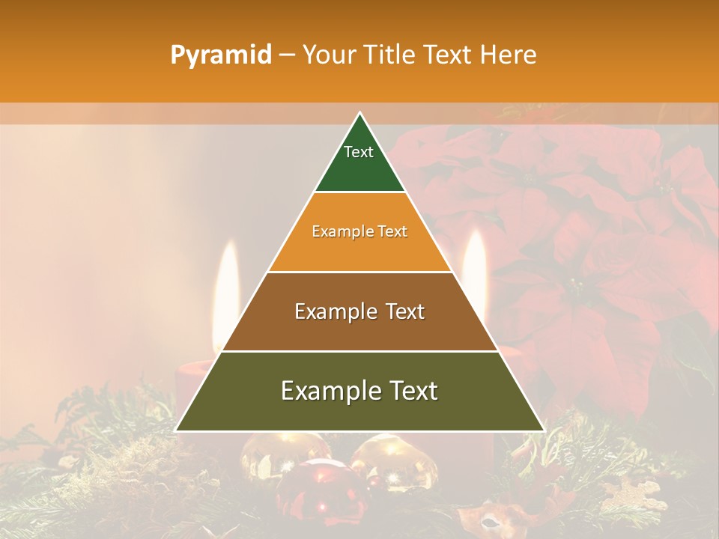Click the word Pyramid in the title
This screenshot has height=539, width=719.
tap(220, 55)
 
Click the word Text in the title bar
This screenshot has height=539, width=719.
tap(449, 55)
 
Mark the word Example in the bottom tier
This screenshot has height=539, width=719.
tap(328, 391)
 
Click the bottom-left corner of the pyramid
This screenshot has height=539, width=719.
tap(176, 430)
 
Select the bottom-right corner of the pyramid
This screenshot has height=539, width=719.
tap(544, 430)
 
